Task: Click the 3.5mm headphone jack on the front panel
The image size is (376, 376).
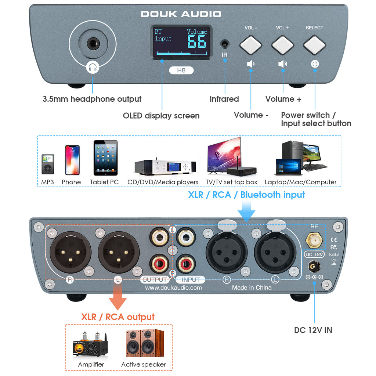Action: click(x=93, y=44)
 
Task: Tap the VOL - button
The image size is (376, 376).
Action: click(x=250, y=45)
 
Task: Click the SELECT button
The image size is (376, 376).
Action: click(x=314, y=45)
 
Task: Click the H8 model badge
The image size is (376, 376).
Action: click(x=181, y=70)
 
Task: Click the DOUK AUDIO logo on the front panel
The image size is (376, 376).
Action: click(x=181, y=14)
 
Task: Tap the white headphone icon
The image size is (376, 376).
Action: click(x=93, y=67)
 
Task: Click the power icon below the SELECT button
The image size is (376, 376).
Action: click(x=315, y=64)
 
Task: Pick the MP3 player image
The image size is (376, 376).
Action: click(x=47, y=164)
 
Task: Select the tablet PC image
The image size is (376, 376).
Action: click(x=105, y=158)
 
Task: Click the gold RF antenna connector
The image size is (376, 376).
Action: click(x=314, y=241)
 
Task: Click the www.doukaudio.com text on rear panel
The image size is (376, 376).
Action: click(x=173, y=288)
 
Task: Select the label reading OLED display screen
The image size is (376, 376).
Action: click(x=161, y=116)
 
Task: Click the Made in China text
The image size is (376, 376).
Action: click(x=252, y=288)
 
